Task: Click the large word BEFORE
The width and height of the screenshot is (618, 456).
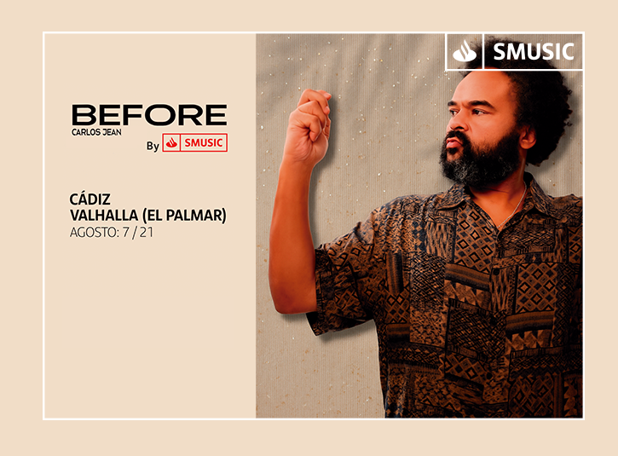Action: coord(149,115)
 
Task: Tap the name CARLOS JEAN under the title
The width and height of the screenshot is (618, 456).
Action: coord(96,132)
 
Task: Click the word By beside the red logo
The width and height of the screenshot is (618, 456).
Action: coord(153,146)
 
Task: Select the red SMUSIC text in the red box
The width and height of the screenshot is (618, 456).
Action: coord(204,142)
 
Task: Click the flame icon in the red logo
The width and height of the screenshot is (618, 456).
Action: coord(171,142)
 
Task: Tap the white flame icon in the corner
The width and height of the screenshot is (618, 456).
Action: coord(465,52)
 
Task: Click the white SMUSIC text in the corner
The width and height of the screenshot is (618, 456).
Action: coord(534,52)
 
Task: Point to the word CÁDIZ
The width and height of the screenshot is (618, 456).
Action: coord(90,199)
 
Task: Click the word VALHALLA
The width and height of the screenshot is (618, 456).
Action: coord(104,215)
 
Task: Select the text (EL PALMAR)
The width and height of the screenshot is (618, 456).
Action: coord(184,216)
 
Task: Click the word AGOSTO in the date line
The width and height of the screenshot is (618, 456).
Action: coord(94,233)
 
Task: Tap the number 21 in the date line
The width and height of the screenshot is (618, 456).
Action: coord(147,233)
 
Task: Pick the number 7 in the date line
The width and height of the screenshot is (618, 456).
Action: coord(125,233)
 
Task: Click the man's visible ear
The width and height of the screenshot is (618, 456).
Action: coord(528,136)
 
